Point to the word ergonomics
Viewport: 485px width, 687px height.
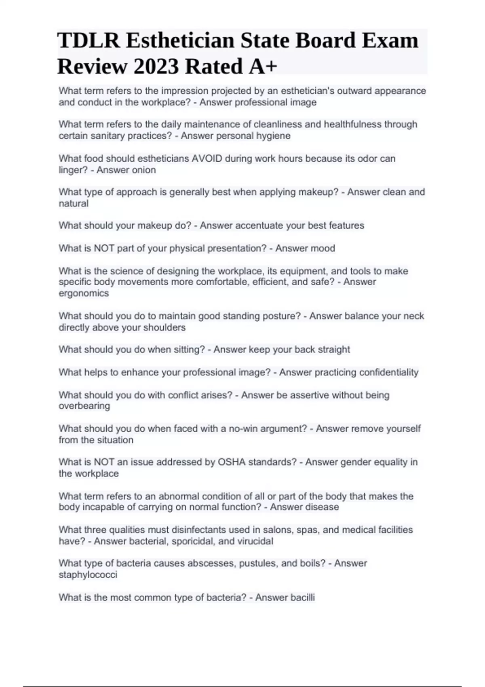[84, 293]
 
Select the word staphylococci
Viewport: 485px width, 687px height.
[88, 575]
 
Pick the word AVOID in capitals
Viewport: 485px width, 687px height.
[207, 158]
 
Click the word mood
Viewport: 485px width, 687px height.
[322, 248]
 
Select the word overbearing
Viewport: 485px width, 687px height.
[84, 406]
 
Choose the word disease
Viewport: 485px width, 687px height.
[322, 507]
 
